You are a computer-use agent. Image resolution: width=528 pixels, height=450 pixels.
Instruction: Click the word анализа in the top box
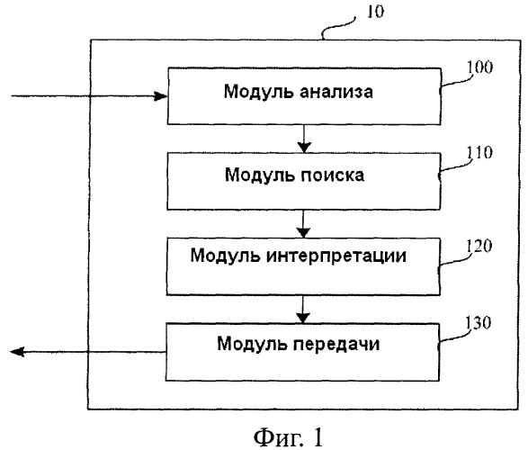point(336,92)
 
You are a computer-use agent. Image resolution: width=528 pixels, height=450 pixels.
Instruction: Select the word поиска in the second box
point(332,175)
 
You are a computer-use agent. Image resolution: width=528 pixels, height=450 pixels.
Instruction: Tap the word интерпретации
point(336,256)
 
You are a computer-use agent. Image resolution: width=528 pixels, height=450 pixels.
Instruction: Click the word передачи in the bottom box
point(336,344)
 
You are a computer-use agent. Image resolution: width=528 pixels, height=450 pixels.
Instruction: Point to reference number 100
point(479,67)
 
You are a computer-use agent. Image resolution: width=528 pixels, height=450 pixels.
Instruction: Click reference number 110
point(479,152)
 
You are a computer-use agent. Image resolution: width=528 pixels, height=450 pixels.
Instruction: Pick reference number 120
point(479,246)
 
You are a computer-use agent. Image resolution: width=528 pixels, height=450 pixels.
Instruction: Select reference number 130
point(479,323)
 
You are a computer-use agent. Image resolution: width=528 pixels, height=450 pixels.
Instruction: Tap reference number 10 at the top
point(375,12)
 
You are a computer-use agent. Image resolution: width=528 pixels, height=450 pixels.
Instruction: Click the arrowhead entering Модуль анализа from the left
point(160,96)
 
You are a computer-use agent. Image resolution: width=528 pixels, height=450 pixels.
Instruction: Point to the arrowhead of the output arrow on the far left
point(17,352)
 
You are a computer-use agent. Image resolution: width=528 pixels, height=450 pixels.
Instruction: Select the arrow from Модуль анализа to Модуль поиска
point(304,139)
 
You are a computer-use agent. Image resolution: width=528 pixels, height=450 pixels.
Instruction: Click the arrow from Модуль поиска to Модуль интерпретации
point(303,224)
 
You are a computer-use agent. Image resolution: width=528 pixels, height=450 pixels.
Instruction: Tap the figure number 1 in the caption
point(317,436)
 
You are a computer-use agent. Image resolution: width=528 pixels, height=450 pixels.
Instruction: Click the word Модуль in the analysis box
point(259,92)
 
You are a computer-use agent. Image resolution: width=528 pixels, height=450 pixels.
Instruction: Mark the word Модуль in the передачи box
point(253,344)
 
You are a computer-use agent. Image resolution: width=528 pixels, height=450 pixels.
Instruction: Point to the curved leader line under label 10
point(338,28)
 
